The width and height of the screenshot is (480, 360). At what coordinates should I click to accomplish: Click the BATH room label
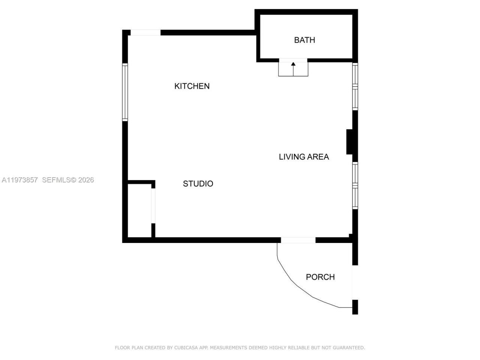304,40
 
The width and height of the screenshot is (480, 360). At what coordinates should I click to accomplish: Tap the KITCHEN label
192,86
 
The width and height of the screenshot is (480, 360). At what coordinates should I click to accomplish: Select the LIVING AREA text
304,157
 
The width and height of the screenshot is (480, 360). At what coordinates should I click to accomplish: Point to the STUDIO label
198,184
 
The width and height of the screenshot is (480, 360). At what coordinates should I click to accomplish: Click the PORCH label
320,277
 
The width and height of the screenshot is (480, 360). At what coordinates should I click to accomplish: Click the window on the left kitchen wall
125,92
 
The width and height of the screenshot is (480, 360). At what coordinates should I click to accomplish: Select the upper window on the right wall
355,86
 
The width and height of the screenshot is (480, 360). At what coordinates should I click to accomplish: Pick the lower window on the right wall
355,186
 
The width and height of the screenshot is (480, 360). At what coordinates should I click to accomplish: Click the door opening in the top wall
145,33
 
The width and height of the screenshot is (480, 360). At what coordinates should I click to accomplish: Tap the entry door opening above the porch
298,240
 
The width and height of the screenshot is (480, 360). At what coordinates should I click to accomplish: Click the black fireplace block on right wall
349,142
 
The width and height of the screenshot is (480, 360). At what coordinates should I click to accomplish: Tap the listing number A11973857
19,180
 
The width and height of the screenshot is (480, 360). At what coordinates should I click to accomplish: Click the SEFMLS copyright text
68,180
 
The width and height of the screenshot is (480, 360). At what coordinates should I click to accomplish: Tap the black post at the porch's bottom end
355,307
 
